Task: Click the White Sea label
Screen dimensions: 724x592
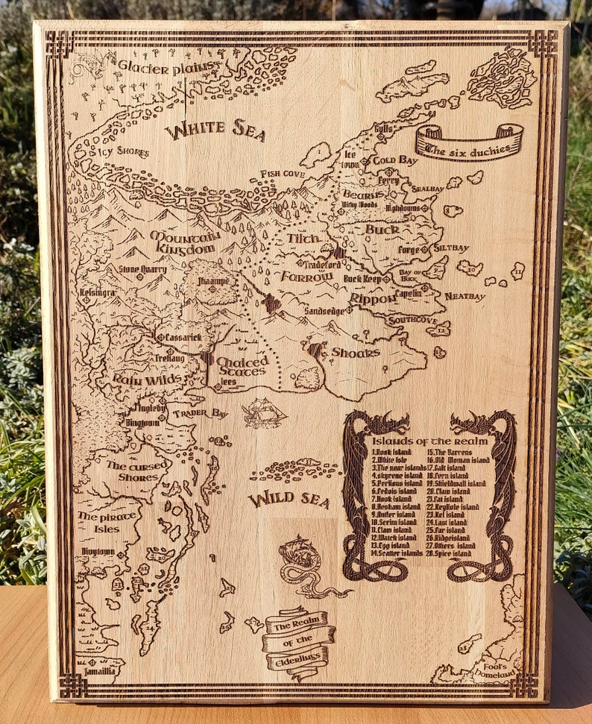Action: [215, 130]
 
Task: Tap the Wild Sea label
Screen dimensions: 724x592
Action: [289, 500]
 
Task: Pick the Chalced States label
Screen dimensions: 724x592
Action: [242, 366]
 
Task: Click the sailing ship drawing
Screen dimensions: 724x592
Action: [264, 412]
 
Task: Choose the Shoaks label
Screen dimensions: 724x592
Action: [355, 352]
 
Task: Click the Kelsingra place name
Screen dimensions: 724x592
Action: [98, 293]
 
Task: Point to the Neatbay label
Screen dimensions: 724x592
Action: [465, 297]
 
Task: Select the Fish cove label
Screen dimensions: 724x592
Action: [283, 174]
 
